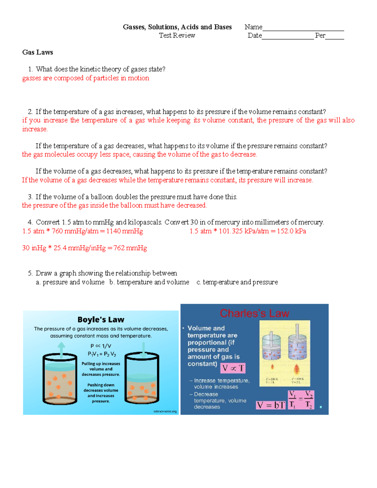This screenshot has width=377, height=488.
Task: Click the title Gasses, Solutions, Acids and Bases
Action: (177, 27)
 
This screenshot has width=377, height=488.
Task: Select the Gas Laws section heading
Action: (37, 52)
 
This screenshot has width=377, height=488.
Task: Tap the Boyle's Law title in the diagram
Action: (101, 320)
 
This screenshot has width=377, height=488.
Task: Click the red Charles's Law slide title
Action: (254, 313)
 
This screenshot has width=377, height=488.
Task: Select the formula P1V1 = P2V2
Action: (102, 354)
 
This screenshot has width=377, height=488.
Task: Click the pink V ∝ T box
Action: (233, 368)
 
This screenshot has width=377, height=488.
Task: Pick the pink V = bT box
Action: (271, 405)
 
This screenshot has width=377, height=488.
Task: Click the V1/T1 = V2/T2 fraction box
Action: (301, 399)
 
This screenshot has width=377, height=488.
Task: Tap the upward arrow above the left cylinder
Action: (61, 349)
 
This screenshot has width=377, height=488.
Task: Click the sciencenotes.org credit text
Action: (165, 411)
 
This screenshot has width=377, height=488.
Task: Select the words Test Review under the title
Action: (177, 36)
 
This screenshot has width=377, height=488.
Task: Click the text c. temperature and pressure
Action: (237, 282)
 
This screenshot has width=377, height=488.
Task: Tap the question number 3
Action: (30, 197)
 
